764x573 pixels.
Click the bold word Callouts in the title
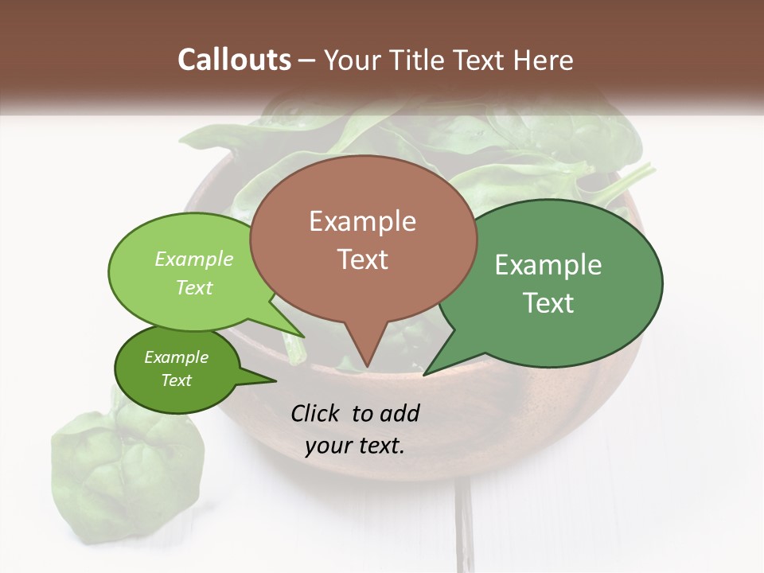tap(234, 60)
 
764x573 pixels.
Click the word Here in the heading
tap(544, 60)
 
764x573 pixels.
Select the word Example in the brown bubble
tap(362, 221)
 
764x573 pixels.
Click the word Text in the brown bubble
tap(362, 259)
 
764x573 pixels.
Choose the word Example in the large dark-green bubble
tap(548, 265)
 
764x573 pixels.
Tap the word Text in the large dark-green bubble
tap(548, 303)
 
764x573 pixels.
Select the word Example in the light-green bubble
tap(194, 259)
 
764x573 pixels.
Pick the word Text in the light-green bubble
tap(194, 287)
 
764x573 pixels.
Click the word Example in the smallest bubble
tap(176, 357)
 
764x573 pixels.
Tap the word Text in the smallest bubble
tap(176, 380)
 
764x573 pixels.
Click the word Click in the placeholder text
tap(317, 413)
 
